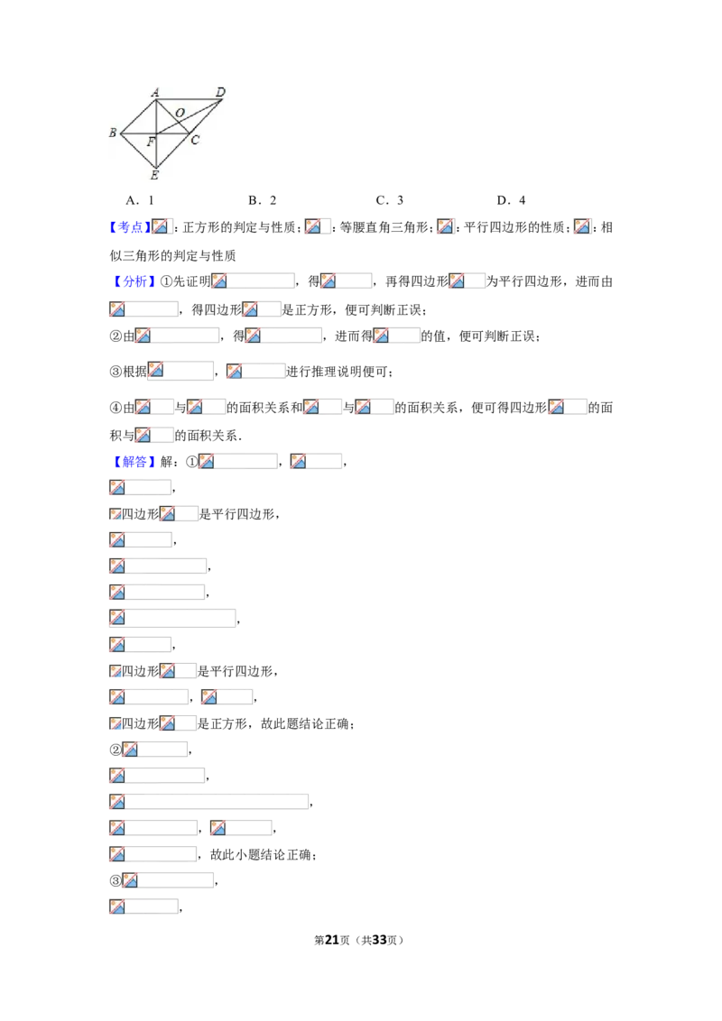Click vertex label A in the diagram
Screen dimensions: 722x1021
[x=155, y=93]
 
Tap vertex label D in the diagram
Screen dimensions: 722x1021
[x=220, y=93]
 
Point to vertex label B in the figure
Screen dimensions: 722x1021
[x=113, y=133]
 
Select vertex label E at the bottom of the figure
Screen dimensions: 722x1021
[x=154, y=174]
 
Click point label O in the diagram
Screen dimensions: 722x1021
[x=180, y=113]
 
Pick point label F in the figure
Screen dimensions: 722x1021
[x=151, y=142]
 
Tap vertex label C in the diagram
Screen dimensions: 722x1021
[x=195, y=140]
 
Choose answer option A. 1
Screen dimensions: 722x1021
[x=140, y=200]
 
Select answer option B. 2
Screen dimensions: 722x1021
[x=262, y=200]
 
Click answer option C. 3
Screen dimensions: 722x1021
[x=390, y=200]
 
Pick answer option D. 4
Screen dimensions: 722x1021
[x=511, y=200]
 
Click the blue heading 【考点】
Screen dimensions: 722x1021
[x=130, y=227]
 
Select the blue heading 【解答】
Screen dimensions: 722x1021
[x=134, y=462]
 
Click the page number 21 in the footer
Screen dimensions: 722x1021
[x=332, y=940]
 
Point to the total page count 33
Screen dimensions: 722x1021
[x=379, y=940]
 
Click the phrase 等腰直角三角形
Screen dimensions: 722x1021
[x=384, y=227]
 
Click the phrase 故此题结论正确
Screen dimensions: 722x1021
[x=305, y=723]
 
